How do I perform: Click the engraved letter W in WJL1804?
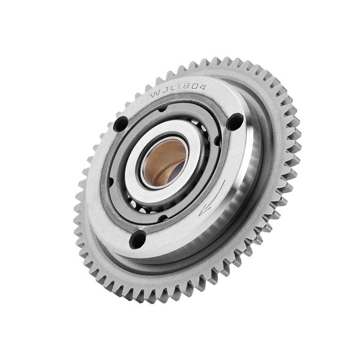(155, 95)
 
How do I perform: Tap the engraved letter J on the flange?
(165, 92)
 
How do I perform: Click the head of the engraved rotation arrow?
(204, 210)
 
